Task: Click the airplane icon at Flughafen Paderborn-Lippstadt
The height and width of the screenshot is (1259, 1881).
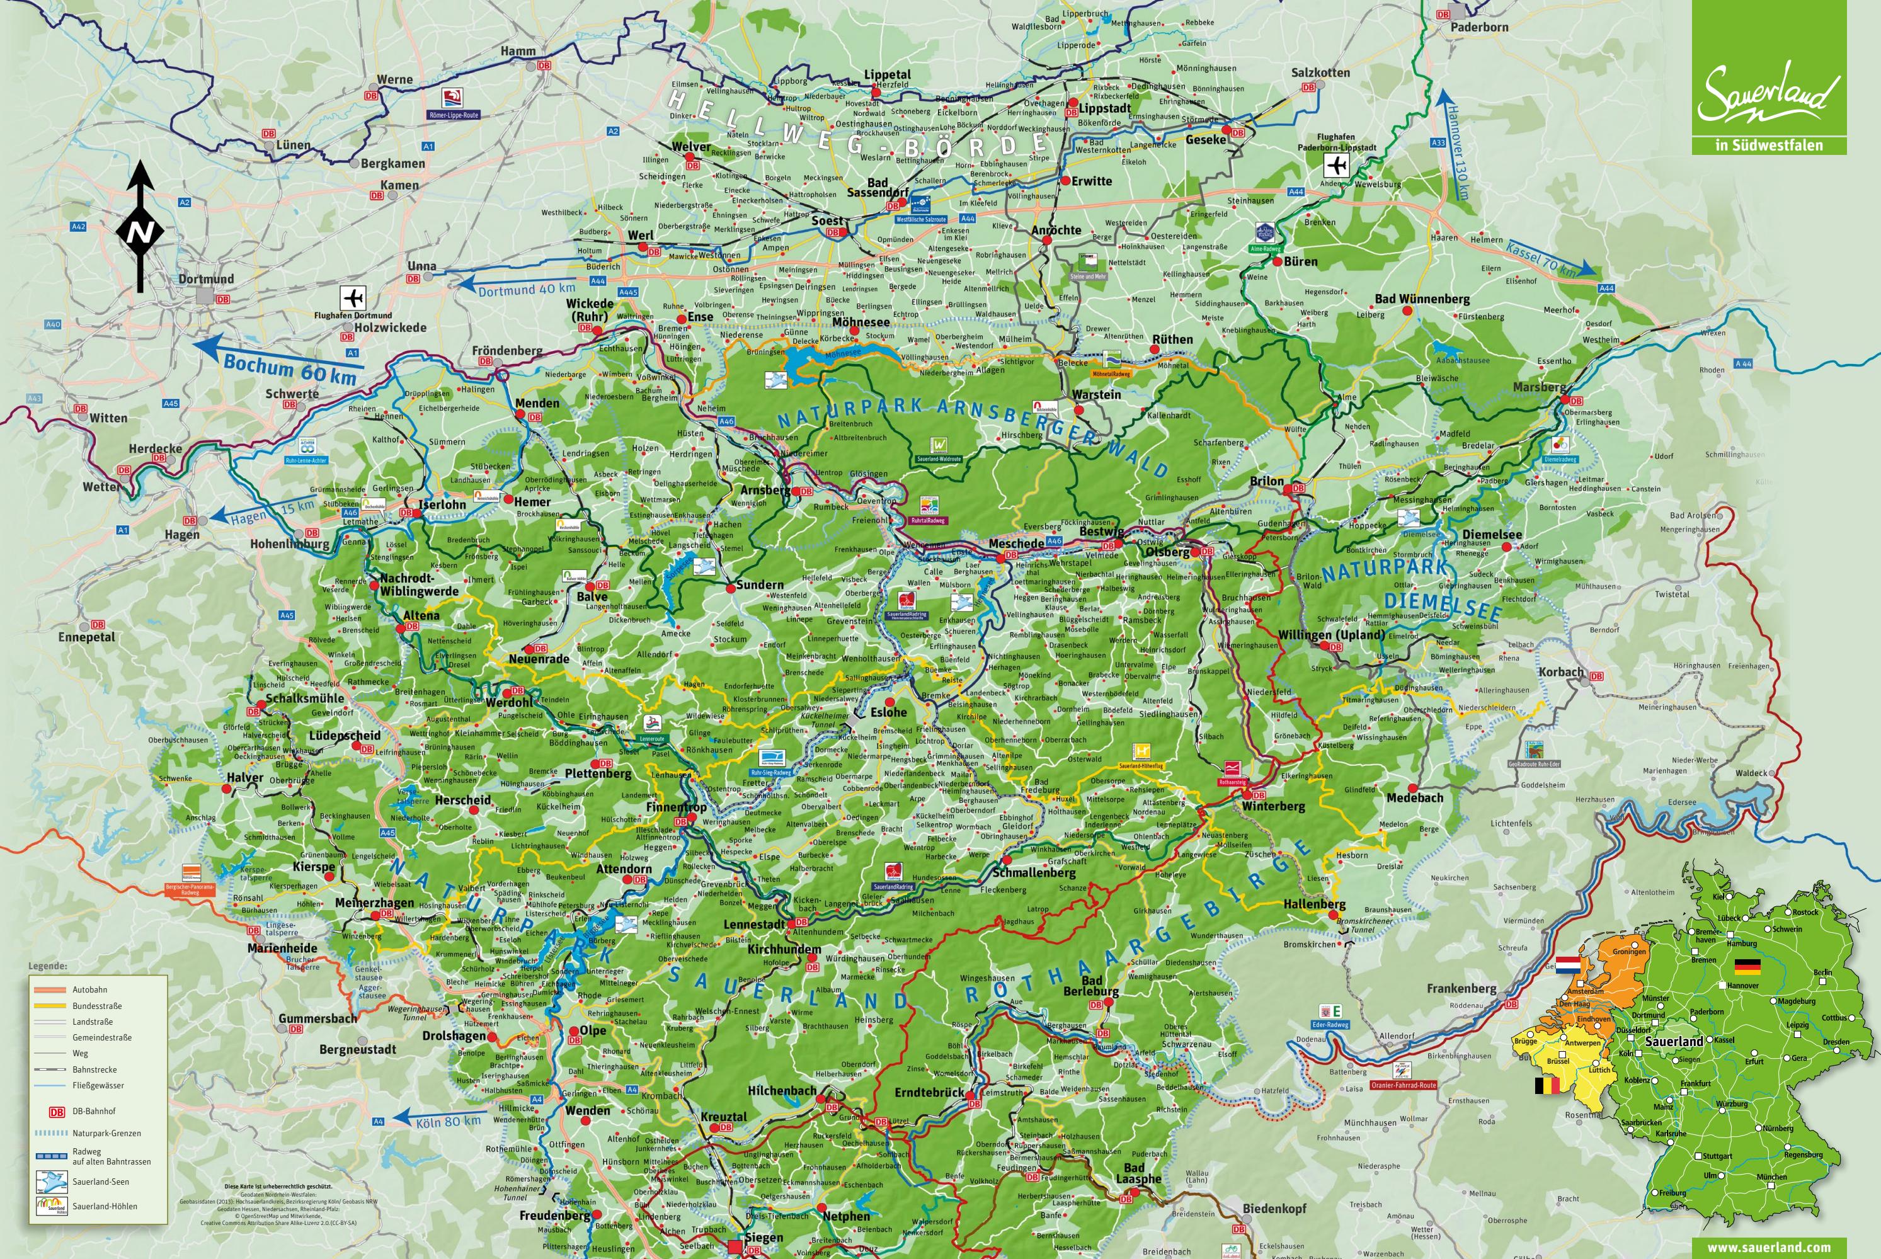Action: (1335, 166)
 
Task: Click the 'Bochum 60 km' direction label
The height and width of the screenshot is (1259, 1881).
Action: (289, 368)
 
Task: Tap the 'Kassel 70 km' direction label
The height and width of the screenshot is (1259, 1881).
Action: (1540, 259)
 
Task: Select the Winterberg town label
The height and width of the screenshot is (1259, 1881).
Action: (1273, 806)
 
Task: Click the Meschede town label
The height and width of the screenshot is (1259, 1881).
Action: (1015, 544)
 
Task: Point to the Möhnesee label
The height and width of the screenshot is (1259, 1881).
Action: (860, 322)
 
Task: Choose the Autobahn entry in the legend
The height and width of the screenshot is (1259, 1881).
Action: (89, 990)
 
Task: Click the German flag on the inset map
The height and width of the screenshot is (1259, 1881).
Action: (1747, 967)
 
